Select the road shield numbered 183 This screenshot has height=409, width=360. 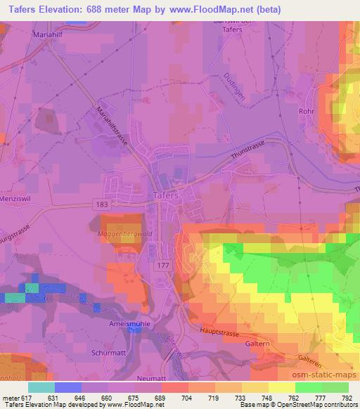pos(103,203)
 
